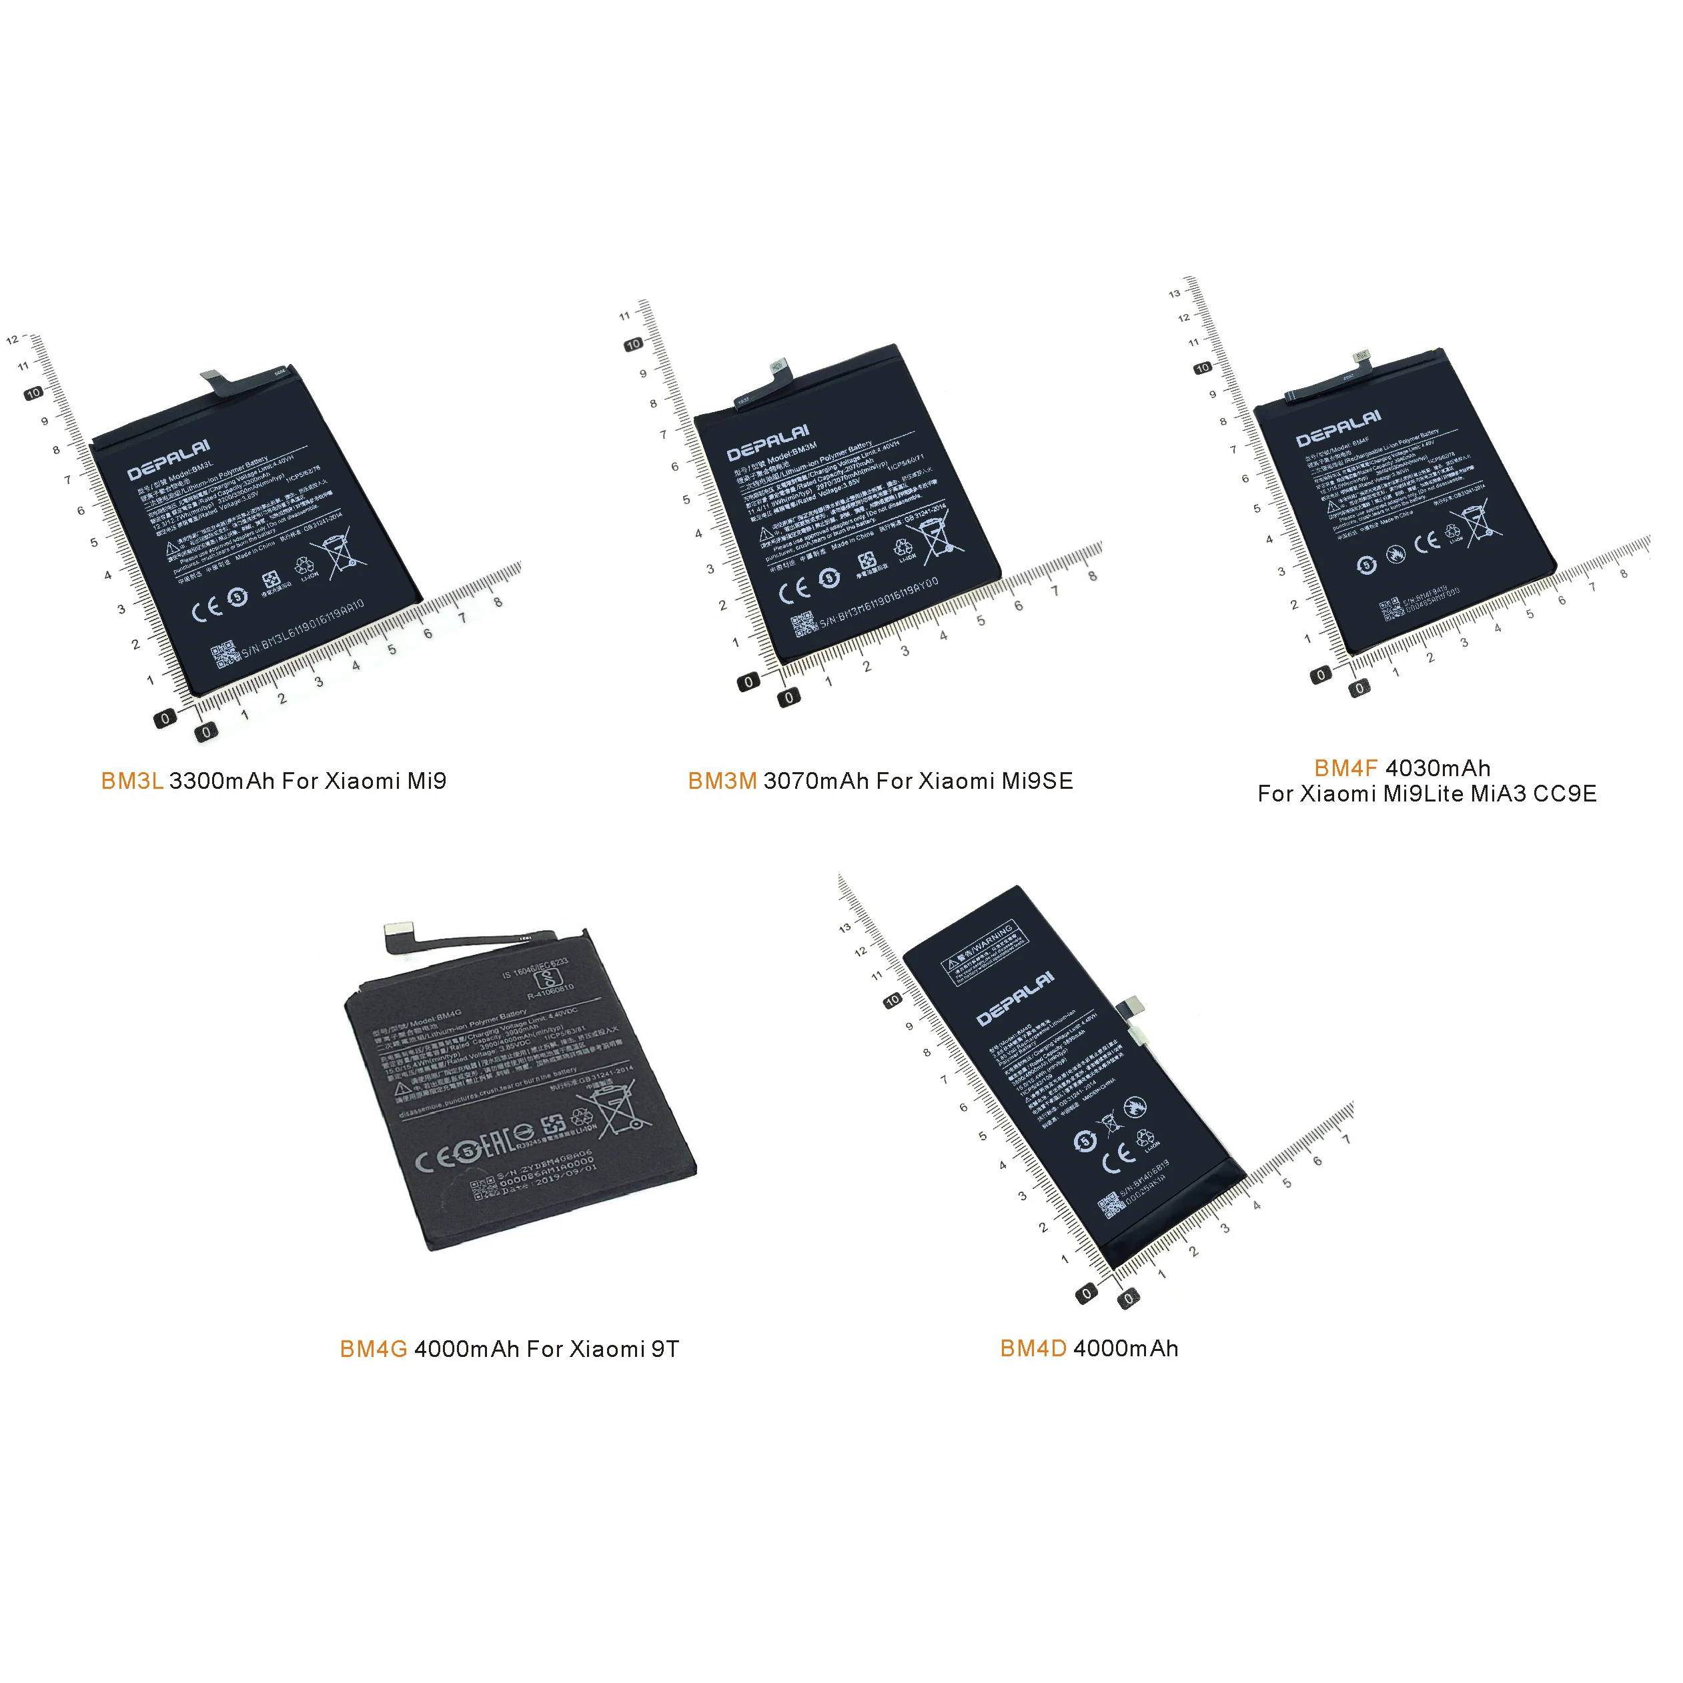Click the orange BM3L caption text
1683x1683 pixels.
(x=131, y=781)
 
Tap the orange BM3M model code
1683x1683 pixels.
(x=722, y=781)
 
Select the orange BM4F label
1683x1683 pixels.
(x=1345, y=768)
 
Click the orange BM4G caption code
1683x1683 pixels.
(x=373, y=1350)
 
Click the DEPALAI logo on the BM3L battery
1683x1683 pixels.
(x=168, y=460)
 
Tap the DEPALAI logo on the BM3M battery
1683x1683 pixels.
(x=768, y=443)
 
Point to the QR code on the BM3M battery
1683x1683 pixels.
(x=802, y=625)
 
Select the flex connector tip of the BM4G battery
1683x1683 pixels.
(x=398, y=932)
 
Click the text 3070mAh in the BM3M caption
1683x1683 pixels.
(x=816, y=781)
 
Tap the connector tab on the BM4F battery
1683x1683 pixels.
(x=1361, y=357)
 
